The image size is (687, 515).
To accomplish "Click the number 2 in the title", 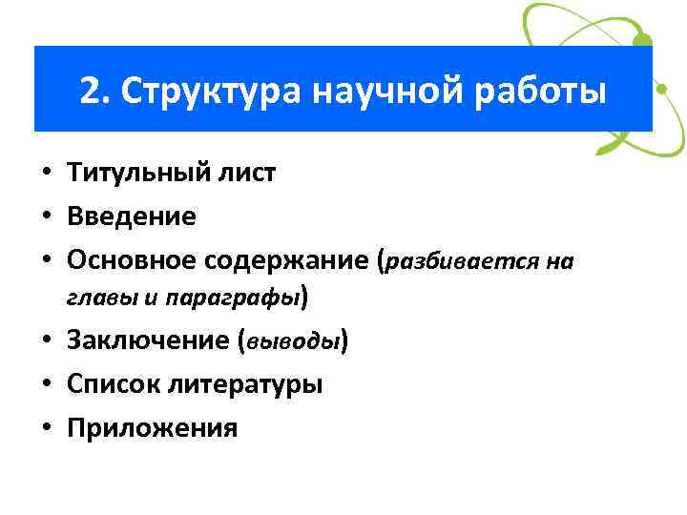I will (x=90, y=91).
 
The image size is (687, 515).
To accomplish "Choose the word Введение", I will (x=132, y=216).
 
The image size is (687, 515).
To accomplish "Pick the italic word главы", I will (x=103, y=298).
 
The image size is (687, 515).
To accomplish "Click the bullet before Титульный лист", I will (x=46, y=175).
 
